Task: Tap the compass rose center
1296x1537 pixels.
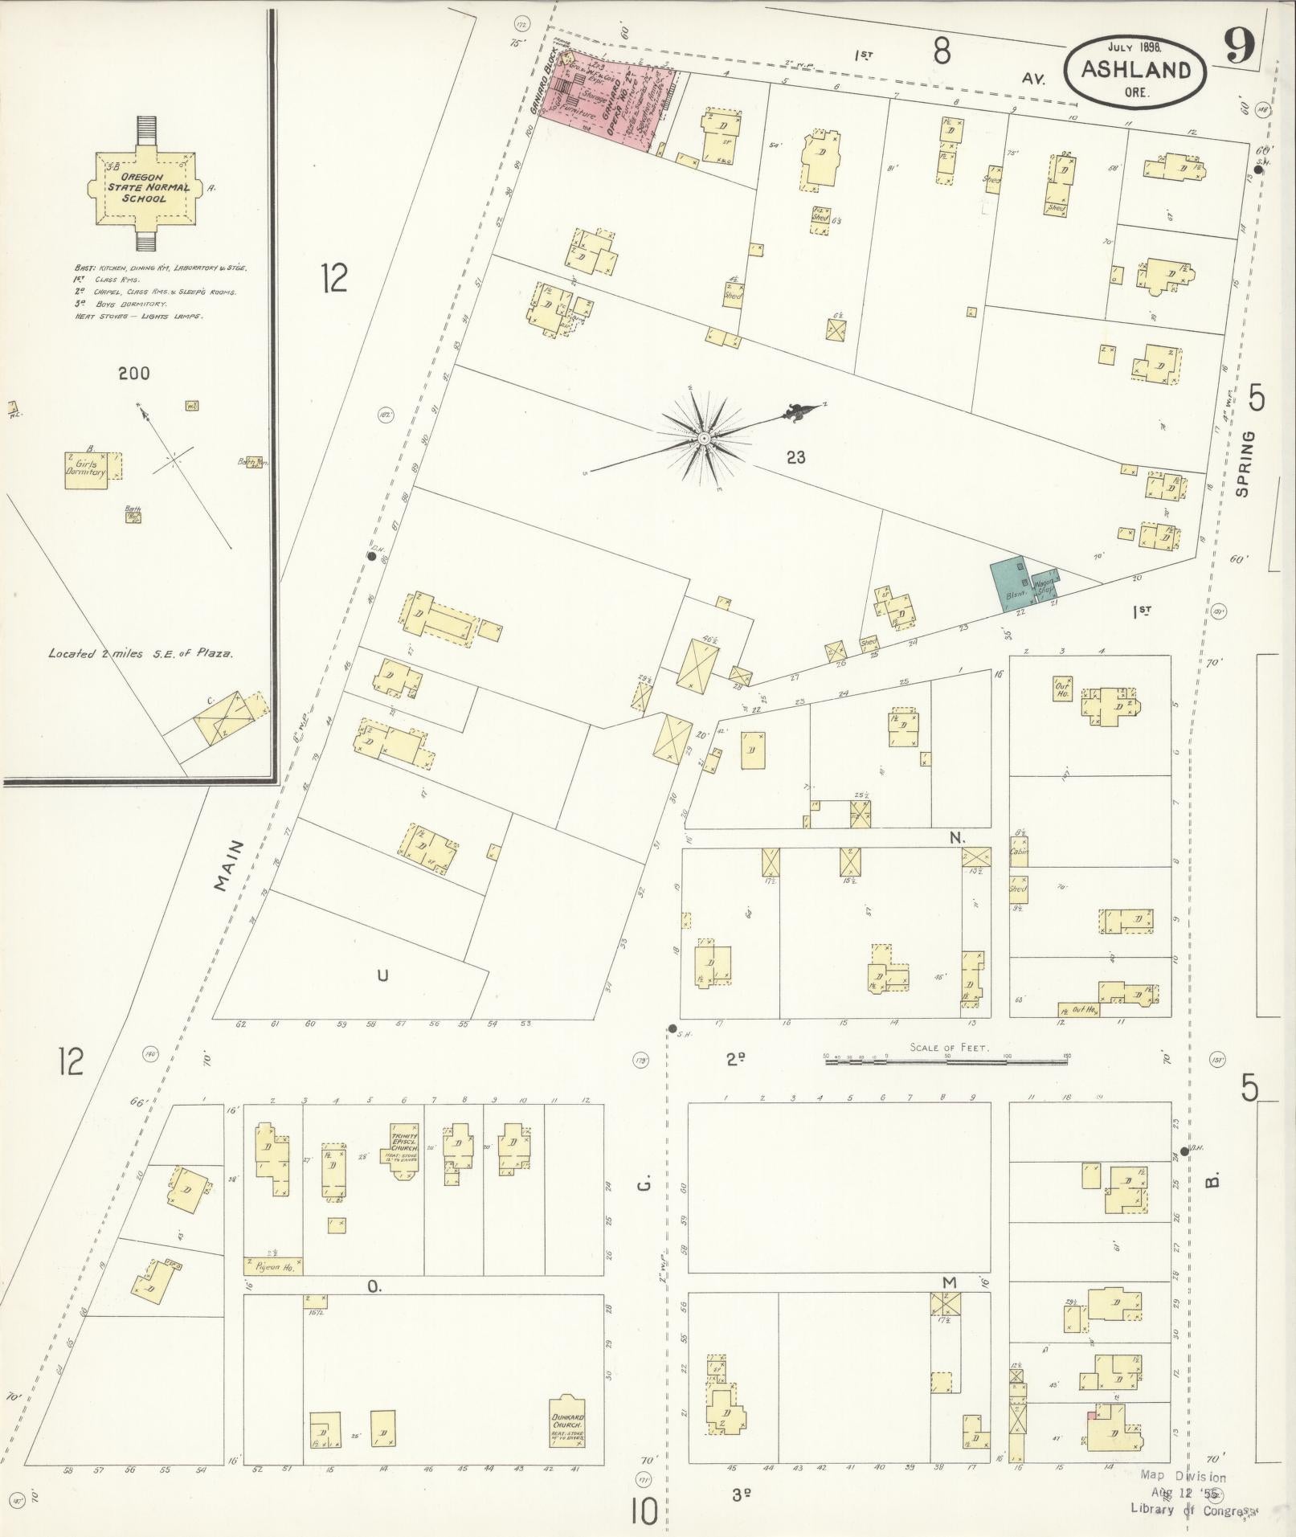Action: pyautogui.click(x=703, y=438)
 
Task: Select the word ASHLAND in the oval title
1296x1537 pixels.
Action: pyautogui.click(x=1135, y=69)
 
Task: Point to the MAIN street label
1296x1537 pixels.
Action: pyautogui.click(x=229, y=865)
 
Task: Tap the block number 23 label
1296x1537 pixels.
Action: pyautogui.click(x=795, y=458)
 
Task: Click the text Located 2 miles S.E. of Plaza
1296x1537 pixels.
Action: pyautogui.click(x=141, y=653)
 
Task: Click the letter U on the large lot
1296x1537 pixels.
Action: pyautogui.click(x=382, y=975)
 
